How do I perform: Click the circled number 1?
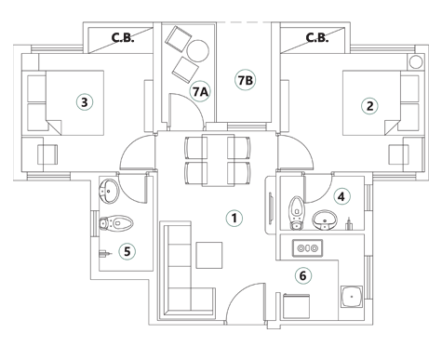pos(234,219)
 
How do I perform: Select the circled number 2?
pos(369,106)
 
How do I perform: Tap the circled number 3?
pos(84,102)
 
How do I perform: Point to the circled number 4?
pos(342,196)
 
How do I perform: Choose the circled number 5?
pos(127,251)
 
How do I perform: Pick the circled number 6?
pos(301,275)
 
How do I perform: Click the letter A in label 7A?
pos(204,91)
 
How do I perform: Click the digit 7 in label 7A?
pos(195,91)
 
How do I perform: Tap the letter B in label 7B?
pos(249,81)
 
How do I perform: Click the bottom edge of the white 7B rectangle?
pos(244,122)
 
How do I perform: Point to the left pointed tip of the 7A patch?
pos(181,87)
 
